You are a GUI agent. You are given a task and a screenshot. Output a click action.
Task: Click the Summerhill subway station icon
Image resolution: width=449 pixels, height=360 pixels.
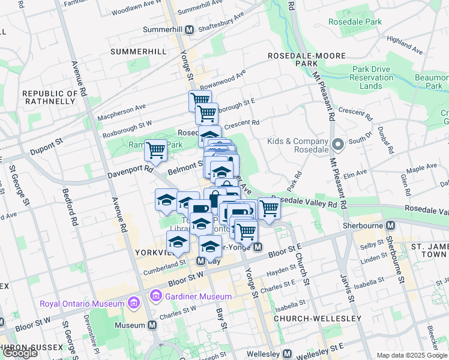[188, 29]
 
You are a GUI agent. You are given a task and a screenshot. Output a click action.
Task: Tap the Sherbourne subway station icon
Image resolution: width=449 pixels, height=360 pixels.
[391, 225]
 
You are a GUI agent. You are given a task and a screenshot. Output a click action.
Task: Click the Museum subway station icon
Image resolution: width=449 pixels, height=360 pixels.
[152, 325]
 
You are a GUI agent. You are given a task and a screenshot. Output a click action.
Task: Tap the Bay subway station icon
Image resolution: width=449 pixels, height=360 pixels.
[202, 261]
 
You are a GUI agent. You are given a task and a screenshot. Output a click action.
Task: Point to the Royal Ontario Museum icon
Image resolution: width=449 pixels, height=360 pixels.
[139, 303]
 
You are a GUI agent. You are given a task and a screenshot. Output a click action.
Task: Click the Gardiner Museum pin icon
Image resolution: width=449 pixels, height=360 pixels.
[157, 296]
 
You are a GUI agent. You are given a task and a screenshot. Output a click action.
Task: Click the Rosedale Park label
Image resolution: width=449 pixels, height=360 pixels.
[355, 22]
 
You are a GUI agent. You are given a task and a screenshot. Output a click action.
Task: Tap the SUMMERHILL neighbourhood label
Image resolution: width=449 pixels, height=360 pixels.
[138, 52]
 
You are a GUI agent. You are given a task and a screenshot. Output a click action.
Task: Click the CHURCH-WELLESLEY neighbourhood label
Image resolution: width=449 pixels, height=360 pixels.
[317, 318]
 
